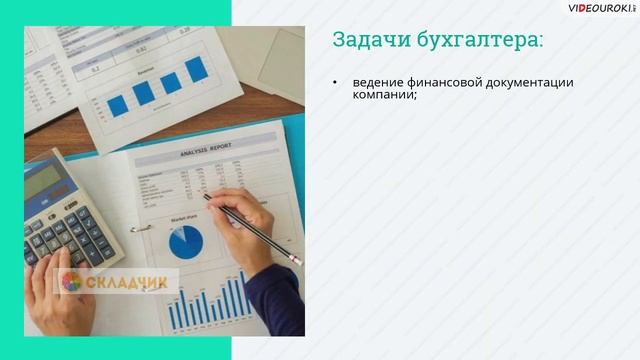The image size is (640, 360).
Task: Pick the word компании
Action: click(384, 97)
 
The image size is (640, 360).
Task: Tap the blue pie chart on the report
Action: click(185, 241)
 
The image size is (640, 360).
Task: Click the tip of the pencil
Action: click(205, 195)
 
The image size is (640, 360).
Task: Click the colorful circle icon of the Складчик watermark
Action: click(71, 282)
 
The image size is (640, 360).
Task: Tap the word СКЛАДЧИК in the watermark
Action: click(127, 282)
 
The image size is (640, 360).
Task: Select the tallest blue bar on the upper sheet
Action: click(196, 68)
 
